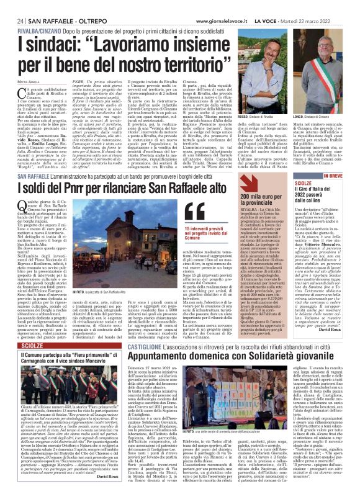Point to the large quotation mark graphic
pyautogui.click(x=194, y=214)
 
